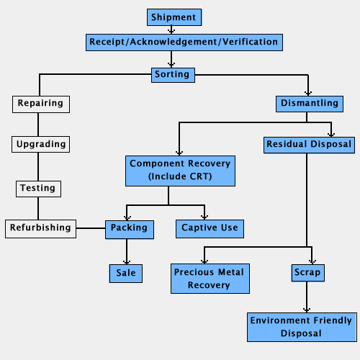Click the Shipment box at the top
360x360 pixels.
coord(173,17)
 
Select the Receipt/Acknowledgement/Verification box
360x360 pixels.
coord(184,42)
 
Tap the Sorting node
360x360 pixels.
coord(171,74)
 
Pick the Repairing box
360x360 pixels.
coord(40,104)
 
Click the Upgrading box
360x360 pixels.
coord(41,145)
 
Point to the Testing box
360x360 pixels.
coord(37,189)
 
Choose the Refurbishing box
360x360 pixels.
coord(40,228)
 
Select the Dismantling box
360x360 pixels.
coord(308,104)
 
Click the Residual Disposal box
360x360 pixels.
coord(309,145)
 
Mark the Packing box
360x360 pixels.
coord(128,228)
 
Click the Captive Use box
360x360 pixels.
coord(210,228)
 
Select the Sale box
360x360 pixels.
coord(126,273)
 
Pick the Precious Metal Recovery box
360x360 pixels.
coord(209,278)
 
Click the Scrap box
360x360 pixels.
coord(307,273)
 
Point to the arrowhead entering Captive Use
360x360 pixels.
coord(204,217)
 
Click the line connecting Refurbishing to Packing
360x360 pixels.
coord(91,228)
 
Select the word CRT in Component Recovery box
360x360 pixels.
coord(194,176)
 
